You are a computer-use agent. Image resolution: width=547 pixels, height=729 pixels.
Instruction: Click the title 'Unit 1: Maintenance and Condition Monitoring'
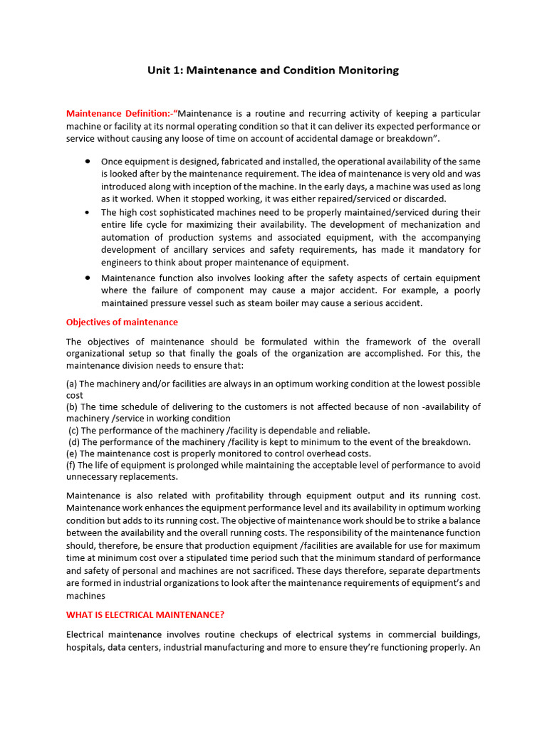coord(273,70)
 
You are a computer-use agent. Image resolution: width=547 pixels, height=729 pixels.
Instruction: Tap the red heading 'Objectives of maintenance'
coord(122,322)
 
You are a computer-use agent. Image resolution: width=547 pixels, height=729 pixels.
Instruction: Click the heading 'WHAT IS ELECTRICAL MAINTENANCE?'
coord(145,614)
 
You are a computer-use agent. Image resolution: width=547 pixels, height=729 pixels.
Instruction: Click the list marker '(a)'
coord(72,384)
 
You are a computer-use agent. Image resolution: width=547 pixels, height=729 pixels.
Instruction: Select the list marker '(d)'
coord(74,442)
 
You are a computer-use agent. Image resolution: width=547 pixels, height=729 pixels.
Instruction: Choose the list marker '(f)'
coord(71,465)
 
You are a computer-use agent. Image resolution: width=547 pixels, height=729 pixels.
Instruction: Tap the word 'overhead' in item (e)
coord(330,453)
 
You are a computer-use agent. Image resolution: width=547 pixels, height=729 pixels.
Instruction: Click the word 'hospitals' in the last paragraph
coord(86,647)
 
